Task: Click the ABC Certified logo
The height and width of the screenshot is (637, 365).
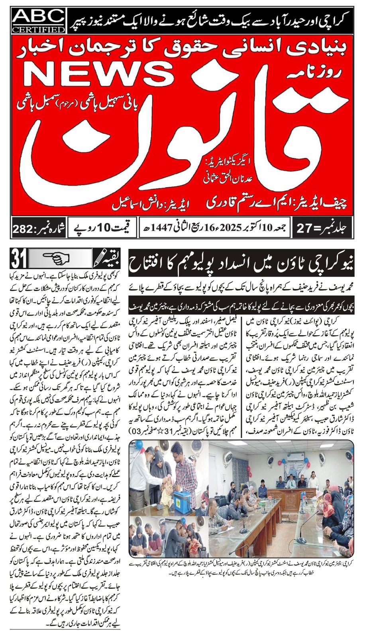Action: coord(38,21)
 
